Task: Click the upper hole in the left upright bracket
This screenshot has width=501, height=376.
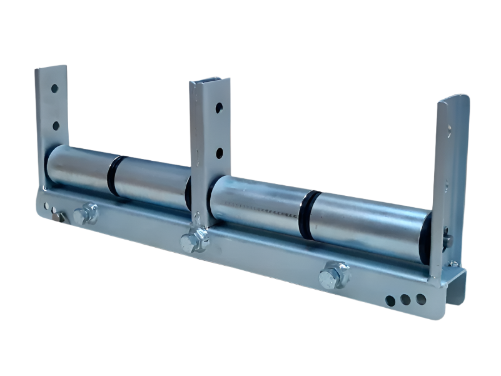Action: [x=54, y=89]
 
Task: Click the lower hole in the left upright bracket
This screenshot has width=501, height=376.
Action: [x=56, y=126]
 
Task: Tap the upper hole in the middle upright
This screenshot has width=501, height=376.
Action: [x=219, y=108]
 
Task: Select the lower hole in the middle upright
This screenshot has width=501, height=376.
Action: [x=220, y=153]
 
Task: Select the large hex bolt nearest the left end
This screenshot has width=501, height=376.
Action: [x=86, y=213]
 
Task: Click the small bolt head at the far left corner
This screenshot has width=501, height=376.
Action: [x=59, y=216]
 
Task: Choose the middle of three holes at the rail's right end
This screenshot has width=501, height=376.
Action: [x=405, y=300]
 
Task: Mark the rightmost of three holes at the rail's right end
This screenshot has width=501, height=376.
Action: [x=421, y=300]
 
